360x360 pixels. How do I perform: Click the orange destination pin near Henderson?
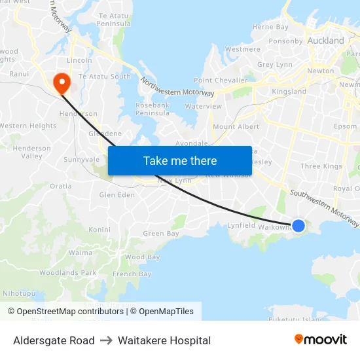coord(62,82)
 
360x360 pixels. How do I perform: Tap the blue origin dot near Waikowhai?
coord(298,226)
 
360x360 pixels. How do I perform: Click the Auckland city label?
coord(326,41)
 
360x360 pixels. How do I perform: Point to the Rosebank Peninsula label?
coord(153,109)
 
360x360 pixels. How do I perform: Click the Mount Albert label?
coord(236,126)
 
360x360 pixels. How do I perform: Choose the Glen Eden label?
coord(117,194)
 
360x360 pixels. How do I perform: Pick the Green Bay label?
coord(161,234)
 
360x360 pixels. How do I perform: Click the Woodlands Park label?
coord(67,272)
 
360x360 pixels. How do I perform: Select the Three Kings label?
coord(321,166)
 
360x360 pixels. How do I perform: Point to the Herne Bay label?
coord(270,27)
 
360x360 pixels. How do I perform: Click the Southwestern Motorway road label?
coord(325,208)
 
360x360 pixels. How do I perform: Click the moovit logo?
coord(320,340)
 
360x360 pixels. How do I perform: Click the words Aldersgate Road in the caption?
coord(54,340)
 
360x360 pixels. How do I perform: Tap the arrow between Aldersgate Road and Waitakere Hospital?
coord(106,340)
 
